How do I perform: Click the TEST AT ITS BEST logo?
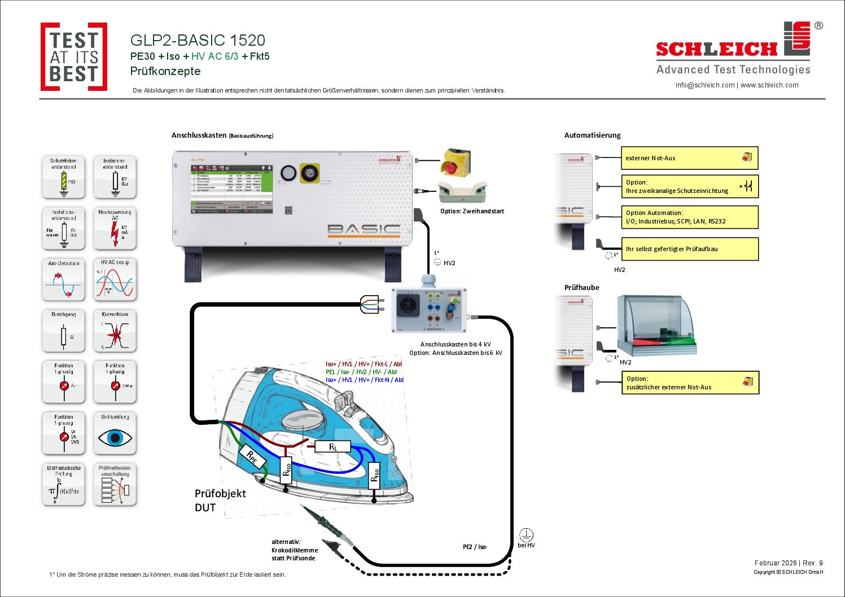pyautogui.click(x=73, y=56)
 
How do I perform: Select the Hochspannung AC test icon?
pyautogui.click(x=115, y=229)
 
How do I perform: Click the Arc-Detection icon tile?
pyautogui.click(x=64, y=280)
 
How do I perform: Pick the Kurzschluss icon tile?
pyautogui.click(x=115, y=331)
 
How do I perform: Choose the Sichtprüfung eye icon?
pyautogui.click(x=115, y=434)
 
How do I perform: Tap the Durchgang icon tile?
pyautogui.click(x=64, y=331)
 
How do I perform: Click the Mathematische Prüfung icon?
pyautogui.click(x=64, y=485)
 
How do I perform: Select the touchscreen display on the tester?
pyautogui.click(x=231, y=188)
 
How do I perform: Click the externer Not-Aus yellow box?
pyautogui.click(x=689, y=158)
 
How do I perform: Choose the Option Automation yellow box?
pyautogui.click(x=689, y=217)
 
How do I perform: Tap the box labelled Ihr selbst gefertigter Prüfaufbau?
pyautogui.click(x=689, y=249)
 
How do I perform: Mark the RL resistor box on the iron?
pyautogui.click(x=332, y=447)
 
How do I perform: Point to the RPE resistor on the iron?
pyautogui.click(x=252, y=457)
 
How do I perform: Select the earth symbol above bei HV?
pyautogui.click(x=526, y=534)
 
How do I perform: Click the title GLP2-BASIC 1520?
pyautogui.click(x=198, y=41)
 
